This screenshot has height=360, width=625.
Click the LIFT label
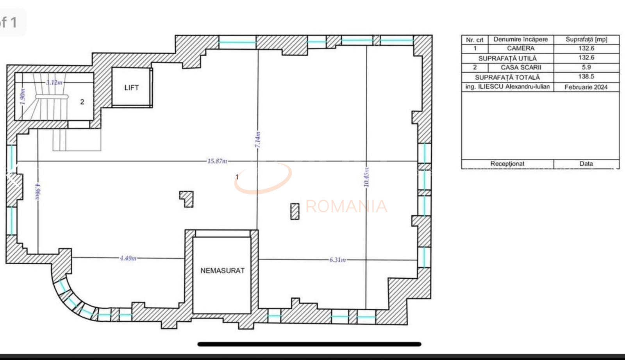tap(131, 88)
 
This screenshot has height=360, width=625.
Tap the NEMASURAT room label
tap(222, 270)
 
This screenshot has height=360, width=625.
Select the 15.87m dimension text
tap(217, 161)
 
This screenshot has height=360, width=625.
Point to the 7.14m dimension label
tap(258, 140)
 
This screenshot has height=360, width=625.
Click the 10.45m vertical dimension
tap(366, 177)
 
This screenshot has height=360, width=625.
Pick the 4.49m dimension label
tap(128, 258)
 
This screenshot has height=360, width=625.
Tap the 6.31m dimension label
tap(337, 260)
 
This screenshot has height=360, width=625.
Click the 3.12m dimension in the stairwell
tap(54, 82)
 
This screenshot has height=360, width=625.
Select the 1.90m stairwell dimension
tap(22, 97)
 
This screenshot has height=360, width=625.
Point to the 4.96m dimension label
tap(38, 192)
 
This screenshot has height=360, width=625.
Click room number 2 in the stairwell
tap(82, 102)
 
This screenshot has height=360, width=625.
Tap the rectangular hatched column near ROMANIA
tap(295, 211)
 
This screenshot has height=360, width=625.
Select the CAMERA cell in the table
tap(521, 48)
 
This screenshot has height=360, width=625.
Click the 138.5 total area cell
tap(586, 77)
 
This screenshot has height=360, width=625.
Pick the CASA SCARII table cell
tap(521, 67)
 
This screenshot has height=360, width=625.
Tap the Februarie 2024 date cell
tap(586, 87)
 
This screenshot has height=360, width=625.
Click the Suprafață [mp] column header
tap(586, 39)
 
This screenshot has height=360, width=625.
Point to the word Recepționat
tap(507, 164)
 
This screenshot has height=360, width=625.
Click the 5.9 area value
tap(586, 67)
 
